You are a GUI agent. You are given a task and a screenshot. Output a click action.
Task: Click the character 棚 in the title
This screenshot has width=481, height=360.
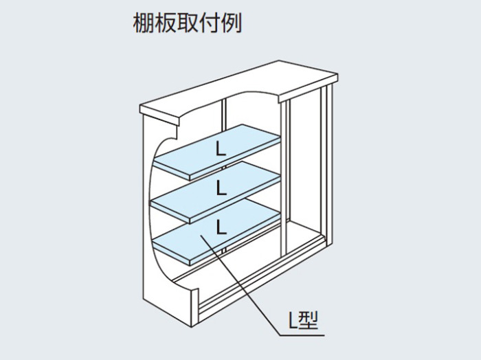pyautogui.click(x=143, y=23)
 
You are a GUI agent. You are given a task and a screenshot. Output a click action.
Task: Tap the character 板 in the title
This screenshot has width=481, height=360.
pyautogui.click(x=165, y=23)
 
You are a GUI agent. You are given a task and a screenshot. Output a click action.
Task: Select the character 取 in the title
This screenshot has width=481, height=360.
pyautogui.click(x=187, y=23)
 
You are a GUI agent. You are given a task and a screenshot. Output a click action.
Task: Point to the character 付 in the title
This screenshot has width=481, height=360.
pyautogui.click(x=209, y=23)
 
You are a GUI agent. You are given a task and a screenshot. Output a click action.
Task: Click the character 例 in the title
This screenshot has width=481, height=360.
pyautogui.click(x=232, y=23)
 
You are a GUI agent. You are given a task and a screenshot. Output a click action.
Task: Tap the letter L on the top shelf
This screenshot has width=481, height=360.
pyautogui.click(x=221, y=149)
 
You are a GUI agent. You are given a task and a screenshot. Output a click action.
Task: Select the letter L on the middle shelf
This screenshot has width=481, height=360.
pyautogui.click(x=221, y=188)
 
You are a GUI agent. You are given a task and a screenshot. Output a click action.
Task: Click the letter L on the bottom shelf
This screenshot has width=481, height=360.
pyautogui.click(x=221, y=227)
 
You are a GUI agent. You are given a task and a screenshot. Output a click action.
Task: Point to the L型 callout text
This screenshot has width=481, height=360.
pyautogui.click(x=304, y=320)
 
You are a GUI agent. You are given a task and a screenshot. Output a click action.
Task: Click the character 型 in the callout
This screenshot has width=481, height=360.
pyautogui.click(x=309, y=320)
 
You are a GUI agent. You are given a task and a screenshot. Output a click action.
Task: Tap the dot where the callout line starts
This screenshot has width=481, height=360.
pyautogui.click(x=201, y=236)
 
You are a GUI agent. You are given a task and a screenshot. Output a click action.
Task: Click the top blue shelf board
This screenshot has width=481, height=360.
pyautogui.click(x=217, y=152)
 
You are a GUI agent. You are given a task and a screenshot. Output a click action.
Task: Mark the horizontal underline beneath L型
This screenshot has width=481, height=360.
pyautogui.click(x=302, y=335)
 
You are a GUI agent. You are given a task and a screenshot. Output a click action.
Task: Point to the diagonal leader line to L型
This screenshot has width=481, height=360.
pyautogui.click(x=240, y=285)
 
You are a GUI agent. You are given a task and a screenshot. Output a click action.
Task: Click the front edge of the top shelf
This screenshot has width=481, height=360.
pyautogui.click(x=235, y=159)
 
